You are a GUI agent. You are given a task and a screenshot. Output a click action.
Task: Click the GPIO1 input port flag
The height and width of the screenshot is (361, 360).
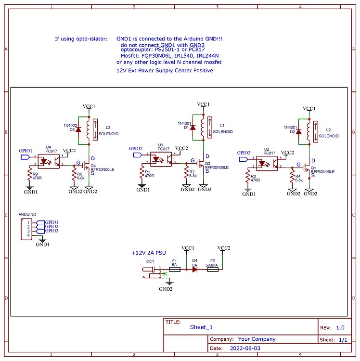24,156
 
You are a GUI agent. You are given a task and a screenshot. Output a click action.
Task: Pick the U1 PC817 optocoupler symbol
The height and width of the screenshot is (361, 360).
161,158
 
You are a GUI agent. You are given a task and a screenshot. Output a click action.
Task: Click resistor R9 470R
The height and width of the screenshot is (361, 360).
29,173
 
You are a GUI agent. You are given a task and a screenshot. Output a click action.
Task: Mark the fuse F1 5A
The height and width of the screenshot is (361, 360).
175,270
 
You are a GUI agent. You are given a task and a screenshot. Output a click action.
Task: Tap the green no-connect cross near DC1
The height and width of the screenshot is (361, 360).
166,273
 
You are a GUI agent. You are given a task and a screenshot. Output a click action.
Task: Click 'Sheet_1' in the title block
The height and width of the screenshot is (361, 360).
201,327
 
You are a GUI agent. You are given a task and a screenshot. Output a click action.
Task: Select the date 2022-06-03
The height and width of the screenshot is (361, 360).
245,347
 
